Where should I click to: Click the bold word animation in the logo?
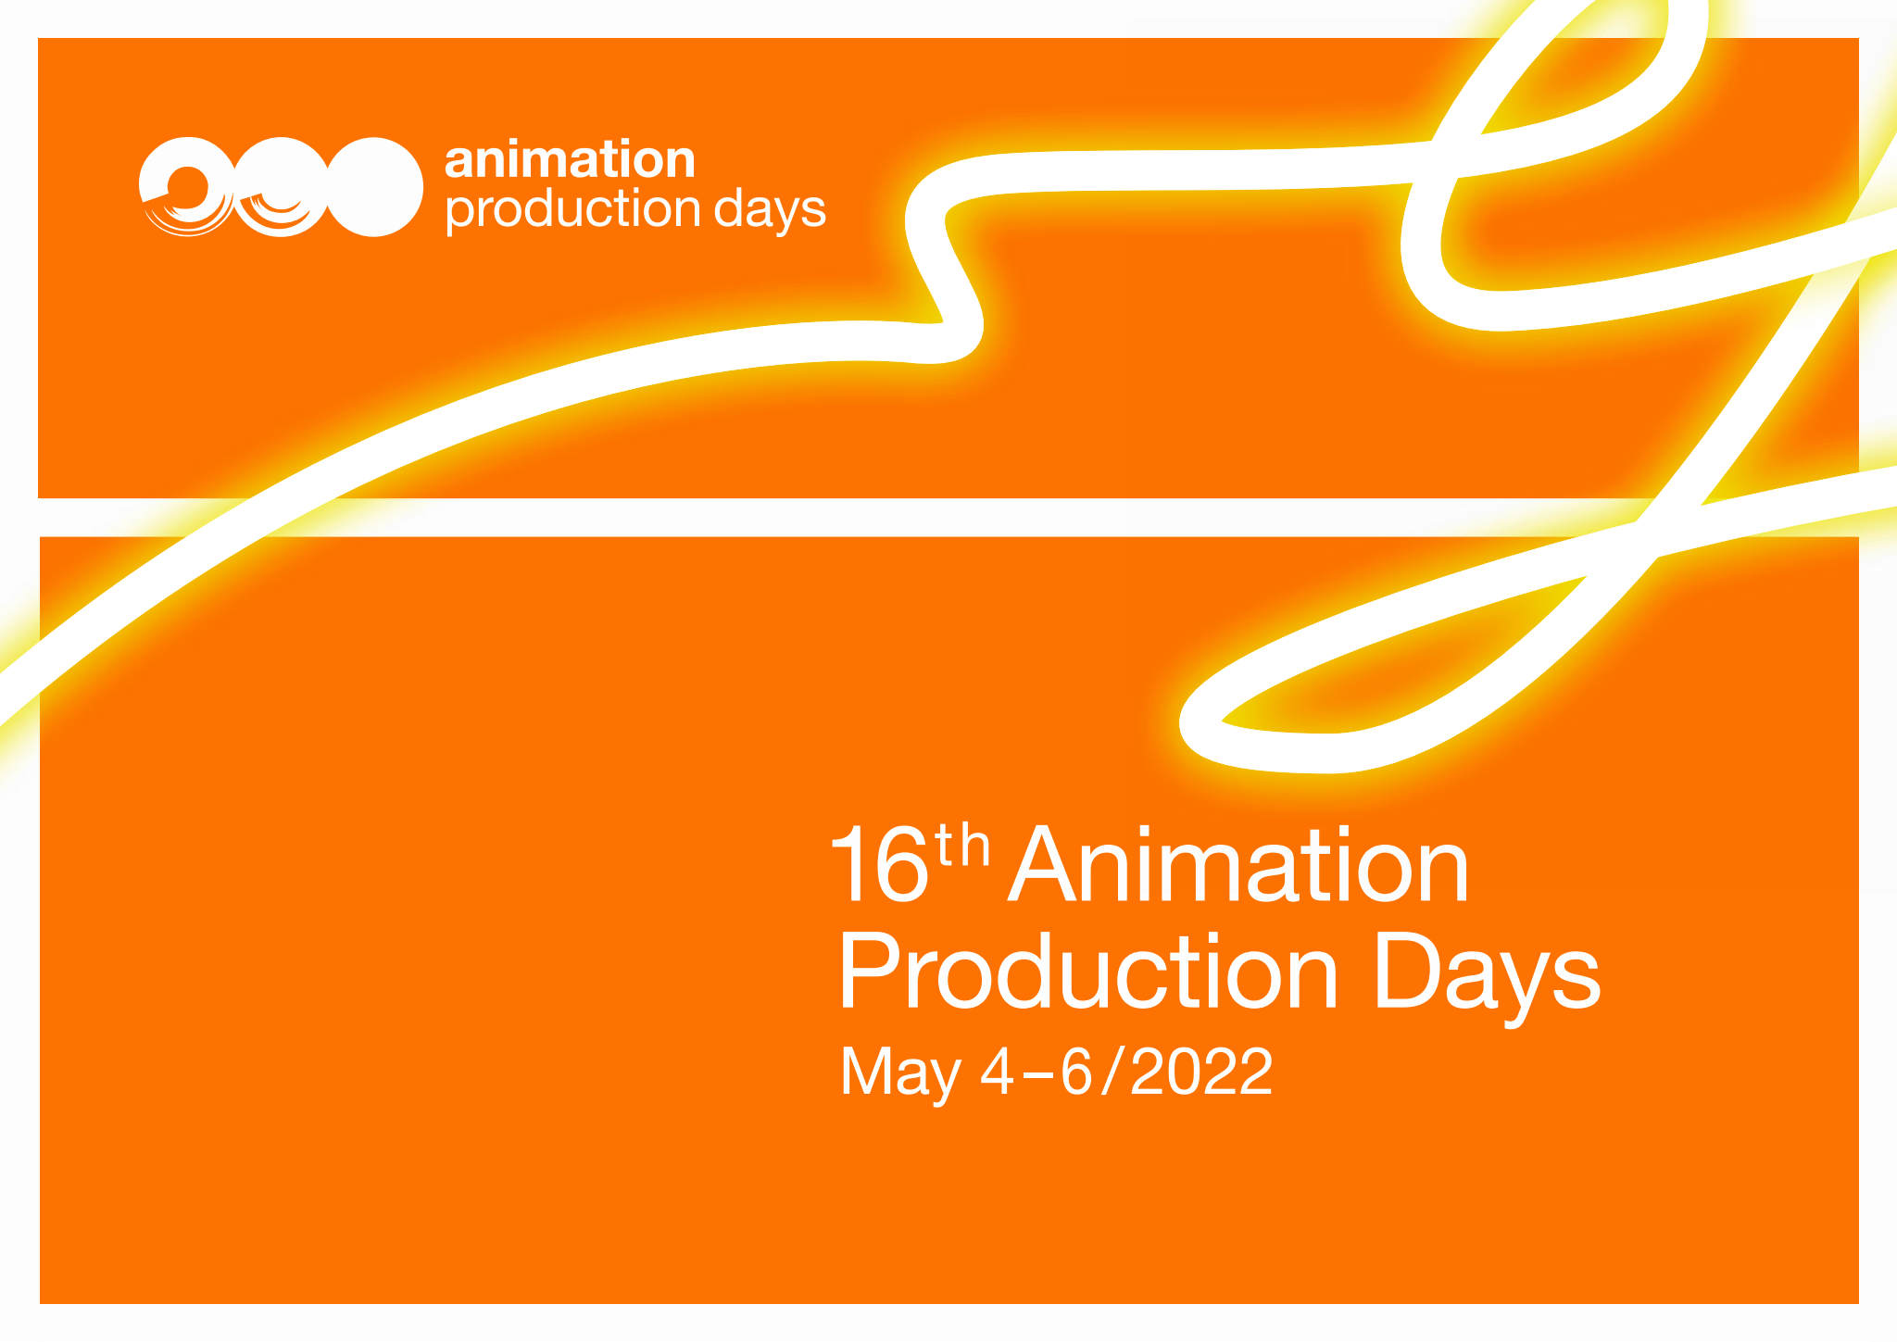(x=570, y=159)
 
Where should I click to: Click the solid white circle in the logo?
(x=374, y=187)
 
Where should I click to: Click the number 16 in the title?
(x=880, y=864)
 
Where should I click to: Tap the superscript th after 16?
(x=963, y=845)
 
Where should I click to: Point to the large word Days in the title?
(x=1487, y=980)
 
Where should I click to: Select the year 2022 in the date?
(x=1201, y=1072)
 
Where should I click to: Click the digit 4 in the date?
(x=999, y=1072)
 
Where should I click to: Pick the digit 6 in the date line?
(x=1077, y=1072)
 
